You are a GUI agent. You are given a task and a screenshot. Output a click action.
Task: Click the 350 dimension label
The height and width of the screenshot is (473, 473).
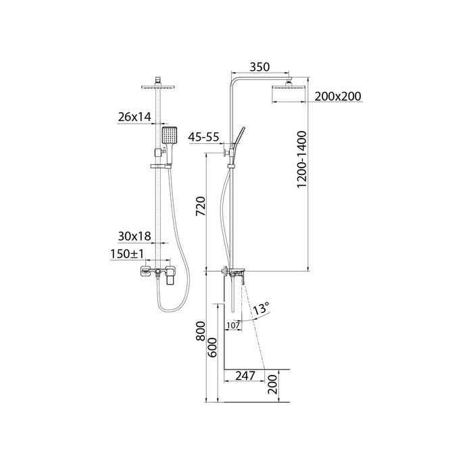tap(259, 67)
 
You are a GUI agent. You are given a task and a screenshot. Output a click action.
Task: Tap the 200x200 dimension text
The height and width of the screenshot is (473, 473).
tap(338, 96)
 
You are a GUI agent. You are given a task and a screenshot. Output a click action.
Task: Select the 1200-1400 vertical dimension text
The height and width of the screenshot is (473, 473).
tap(301, 159)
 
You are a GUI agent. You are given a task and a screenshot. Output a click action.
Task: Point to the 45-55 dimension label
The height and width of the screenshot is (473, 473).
tap(203, 137)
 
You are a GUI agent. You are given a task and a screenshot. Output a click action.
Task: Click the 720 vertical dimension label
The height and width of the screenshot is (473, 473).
tap(201, 206)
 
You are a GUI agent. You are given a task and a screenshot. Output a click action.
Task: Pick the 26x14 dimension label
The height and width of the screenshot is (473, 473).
tap(134, 117)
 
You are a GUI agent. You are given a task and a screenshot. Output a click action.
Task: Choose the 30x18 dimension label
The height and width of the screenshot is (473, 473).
tap(134, 236)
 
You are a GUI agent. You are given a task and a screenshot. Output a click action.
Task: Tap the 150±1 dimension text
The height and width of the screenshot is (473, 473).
tap(127, 254)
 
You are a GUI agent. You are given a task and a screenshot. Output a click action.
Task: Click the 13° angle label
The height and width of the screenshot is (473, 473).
tap(260, 309)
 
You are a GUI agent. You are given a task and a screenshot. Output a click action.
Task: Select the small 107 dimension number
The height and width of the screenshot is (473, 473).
tap(233, 326)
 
